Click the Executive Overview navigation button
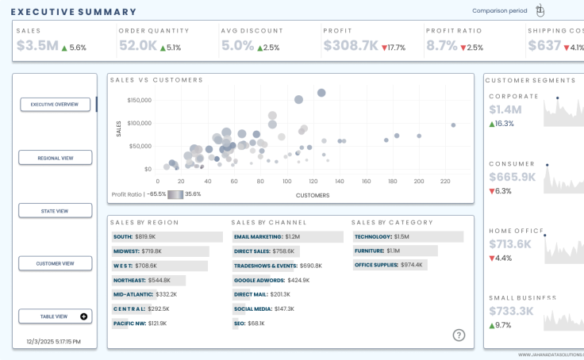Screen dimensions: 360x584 pyautogui.click(x=55, y=105)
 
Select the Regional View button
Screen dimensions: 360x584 pyautogui.click(x=55, y=158)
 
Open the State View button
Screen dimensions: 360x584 pyautogui.click(x=55, y=211)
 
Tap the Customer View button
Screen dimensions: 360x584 pyautogui.click(x=55, y=263)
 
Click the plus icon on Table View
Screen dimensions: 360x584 pyautogui.click(x=84, y=316)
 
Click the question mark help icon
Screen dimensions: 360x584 pyautogui.click(x=459, y=335)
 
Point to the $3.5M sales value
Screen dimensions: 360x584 pyautogui.click(x=37, y=46)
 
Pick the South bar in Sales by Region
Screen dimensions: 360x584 pyautogui.click(x=167, y=236)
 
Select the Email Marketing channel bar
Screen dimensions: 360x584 pyautogui.click(x=286, y=236)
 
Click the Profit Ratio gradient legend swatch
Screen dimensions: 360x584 pyautogui.click(x=175, y=194)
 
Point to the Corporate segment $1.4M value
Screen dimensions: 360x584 pyautogui.click(x=505, y=110)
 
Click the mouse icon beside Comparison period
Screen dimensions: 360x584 pyautogui.click(x=540, y=11)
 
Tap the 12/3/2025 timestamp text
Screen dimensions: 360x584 pyautogui.click(x=53, y=341)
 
